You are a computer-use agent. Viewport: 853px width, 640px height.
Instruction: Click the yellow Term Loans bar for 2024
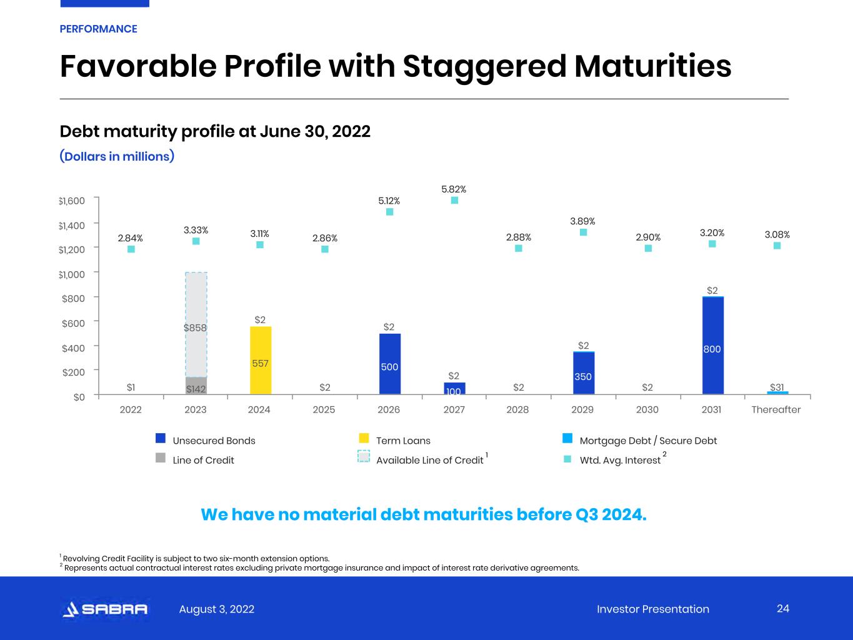point(261,360)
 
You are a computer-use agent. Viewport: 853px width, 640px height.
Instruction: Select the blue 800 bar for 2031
point(713,346)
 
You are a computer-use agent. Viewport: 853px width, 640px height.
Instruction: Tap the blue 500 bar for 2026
point(390,364)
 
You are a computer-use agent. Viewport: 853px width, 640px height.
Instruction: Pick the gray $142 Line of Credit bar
point(196,386)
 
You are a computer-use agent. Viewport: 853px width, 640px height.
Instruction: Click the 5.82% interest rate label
point(454,189)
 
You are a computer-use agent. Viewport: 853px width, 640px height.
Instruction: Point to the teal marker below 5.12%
point(389,212)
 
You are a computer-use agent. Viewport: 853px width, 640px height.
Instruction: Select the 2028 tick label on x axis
point(517,409)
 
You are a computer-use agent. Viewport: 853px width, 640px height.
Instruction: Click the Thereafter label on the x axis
point(776,409)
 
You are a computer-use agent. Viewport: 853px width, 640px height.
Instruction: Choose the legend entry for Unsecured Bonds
point(205,440)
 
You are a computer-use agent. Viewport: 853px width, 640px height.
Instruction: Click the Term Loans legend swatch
point(364,438)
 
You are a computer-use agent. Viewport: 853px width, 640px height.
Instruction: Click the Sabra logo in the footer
point(105,609)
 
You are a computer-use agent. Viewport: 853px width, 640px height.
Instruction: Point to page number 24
point(783,609)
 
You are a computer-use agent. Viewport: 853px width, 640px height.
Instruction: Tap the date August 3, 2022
point(216,609)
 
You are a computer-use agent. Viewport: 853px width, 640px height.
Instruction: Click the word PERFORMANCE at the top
point(98,29)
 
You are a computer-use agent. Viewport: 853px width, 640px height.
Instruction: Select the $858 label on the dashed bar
point(195,328)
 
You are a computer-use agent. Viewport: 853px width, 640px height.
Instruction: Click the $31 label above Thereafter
point(777,387)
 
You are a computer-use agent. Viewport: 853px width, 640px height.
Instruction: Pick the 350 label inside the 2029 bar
point(583,376)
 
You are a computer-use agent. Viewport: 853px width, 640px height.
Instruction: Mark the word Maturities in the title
point(652,66)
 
